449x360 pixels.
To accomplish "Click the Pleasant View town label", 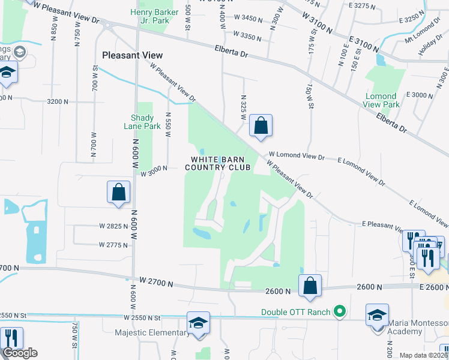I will tap(133, 55).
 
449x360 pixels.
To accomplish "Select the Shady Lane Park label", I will tap(146, 122).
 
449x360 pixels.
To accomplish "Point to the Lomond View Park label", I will tap(381, 100).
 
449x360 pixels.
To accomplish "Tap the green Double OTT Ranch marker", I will tap(340, 311).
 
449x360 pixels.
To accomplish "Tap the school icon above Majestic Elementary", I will tap(197, 324).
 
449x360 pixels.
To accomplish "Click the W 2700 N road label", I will tap(156, 282).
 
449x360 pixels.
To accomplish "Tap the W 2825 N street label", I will tap(114, 226).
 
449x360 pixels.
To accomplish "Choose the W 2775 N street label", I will tap(114, 245).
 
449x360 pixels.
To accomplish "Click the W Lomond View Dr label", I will tap(297, 156).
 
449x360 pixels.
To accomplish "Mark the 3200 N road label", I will tap(58, 101).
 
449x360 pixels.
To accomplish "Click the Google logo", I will tap(20, 353).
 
